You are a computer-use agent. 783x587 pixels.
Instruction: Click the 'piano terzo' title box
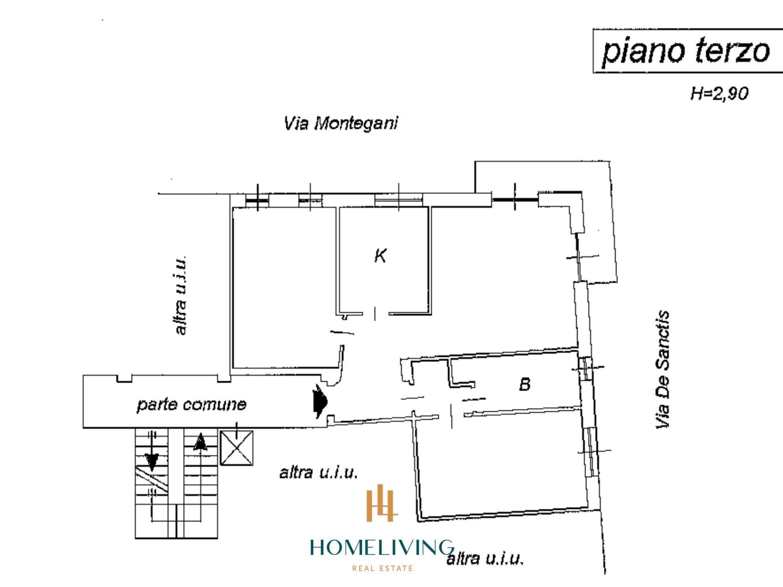point(687,51)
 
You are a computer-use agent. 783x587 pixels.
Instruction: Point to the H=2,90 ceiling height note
point(719,94)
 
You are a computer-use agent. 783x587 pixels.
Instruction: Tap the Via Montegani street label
point(341,123)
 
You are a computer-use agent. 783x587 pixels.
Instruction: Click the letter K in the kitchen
point(380,256)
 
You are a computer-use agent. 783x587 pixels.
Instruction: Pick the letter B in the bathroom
point(525,384)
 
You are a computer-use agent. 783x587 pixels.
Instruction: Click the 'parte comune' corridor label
point(191,405)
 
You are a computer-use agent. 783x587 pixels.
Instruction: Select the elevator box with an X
point(237,448)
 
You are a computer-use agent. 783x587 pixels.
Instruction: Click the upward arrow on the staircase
point(199,442)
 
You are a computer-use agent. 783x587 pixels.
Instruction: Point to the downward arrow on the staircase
point(153,461)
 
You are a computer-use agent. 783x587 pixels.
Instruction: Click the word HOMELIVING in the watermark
point(382,547)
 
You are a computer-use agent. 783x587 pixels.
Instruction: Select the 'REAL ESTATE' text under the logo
point(382,568)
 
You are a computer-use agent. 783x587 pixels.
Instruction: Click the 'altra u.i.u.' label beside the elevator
point(319,473)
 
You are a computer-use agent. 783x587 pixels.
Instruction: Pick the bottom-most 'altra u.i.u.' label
point(484,559)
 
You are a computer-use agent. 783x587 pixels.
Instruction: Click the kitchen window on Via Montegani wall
point(398,200)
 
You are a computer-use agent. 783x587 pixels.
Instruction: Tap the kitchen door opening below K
point(375,314)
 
